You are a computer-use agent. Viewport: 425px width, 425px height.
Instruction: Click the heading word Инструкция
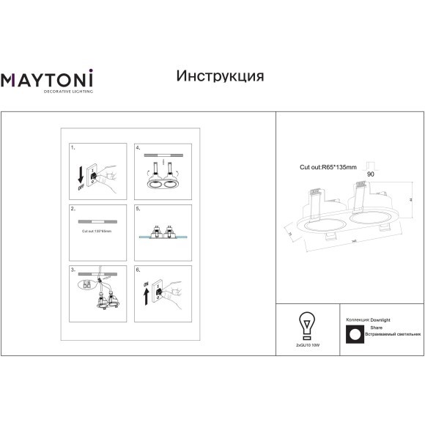[x=221, y=76]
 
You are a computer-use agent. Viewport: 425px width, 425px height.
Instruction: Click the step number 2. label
[x=73, y=209]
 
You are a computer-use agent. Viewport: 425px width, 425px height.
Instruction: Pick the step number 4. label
[x=138, y=148]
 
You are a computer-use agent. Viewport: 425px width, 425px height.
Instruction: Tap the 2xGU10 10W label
[x=308, y=343]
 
